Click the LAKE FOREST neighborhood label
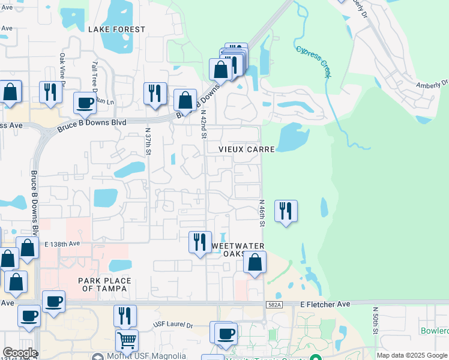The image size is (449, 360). [116, 29]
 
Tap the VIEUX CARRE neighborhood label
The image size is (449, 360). [247, 149]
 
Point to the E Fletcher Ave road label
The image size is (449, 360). [325, 305]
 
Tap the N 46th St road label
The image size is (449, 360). [262, 213]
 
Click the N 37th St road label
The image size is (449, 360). [148, 142]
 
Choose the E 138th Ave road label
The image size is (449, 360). [62, 244]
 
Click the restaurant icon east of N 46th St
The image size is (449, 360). [286, 211]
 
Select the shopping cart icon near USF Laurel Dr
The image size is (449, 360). [127, 340]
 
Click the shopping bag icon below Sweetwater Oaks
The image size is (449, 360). [255, 263]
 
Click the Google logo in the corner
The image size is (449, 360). [20, 353]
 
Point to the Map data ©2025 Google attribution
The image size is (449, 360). [412, 355]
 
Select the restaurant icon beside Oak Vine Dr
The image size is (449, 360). [50, 92]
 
